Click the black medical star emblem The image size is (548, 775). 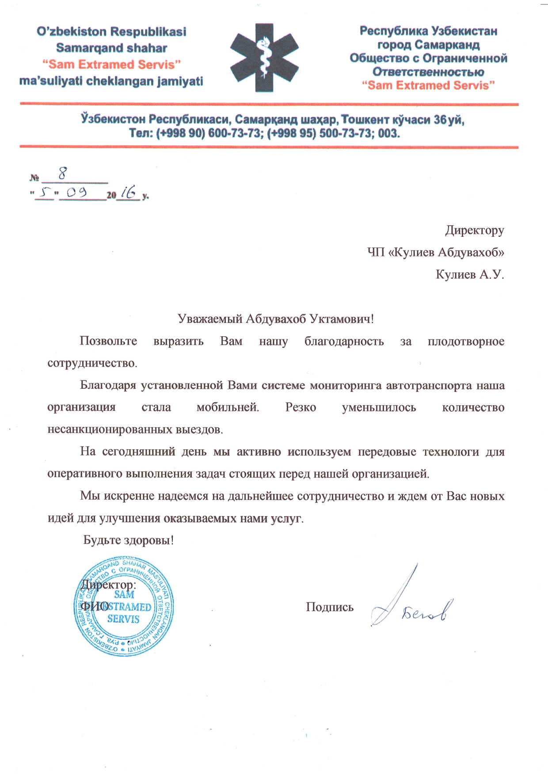point(264,57)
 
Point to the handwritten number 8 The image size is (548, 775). point(62,173)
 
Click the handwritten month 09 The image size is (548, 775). point(76,193)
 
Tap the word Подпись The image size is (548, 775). point(330,607)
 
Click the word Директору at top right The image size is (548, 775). point(474,230)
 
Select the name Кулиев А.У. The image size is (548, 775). point(469,274)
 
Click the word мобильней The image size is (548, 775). point(227,407)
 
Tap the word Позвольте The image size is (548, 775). point(108,341)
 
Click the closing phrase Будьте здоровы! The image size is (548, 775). point(129,540)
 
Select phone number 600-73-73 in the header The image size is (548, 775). point(234,133)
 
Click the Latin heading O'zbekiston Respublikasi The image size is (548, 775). point(111,32)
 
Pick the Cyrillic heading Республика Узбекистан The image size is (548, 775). point(428,31)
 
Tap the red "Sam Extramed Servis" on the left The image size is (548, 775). point(111,65)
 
